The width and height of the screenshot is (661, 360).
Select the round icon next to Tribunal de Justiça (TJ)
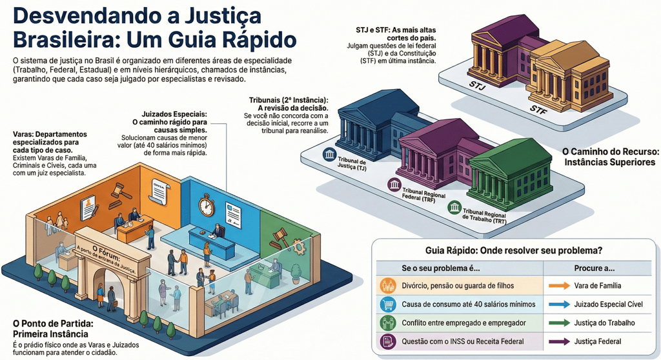click(329, 155)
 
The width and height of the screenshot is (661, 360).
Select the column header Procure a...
click(593, 266)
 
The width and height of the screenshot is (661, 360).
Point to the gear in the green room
click(297, 246)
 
